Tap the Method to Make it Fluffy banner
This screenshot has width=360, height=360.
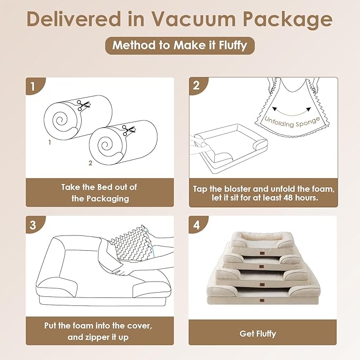click(180, 45)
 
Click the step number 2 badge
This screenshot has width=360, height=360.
click(197, 85)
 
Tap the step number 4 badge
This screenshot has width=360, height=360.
click(197, 224)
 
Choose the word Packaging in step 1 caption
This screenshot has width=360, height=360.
click(99, 199)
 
